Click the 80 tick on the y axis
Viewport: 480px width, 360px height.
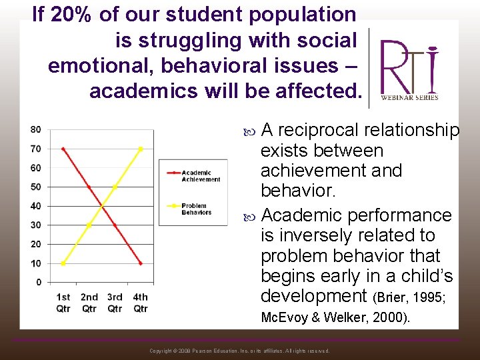(35, 129)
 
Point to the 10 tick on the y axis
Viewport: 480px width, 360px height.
(35, 263)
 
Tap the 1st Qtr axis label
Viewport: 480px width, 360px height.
(63, 303)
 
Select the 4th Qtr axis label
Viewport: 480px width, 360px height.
(140, 303)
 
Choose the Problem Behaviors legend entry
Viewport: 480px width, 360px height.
(196, 209)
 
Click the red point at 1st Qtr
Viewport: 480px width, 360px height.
(63, 149)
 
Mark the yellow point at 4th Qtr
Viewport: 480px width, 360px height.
(141, 149)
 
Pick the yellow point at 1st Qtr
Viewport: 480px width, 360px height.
(63, 263)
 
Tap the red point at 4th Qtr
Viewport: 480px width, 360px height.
(141, 263)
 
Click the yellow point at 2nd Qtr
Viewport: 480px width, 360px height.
(89, 225)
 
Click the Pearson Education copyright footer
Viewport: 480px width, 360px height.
(239, 351)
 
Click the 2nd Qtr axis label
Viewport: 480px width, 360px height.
(89, 303)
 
